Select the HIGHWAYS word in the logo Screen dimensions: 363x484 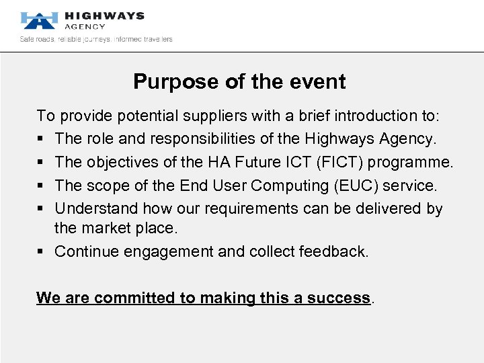[x=104, y=15]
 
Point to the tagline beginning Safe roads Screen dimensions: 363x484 [x=96, y=39]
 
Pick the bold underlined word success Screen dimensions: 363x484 [x=339, y=298]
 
